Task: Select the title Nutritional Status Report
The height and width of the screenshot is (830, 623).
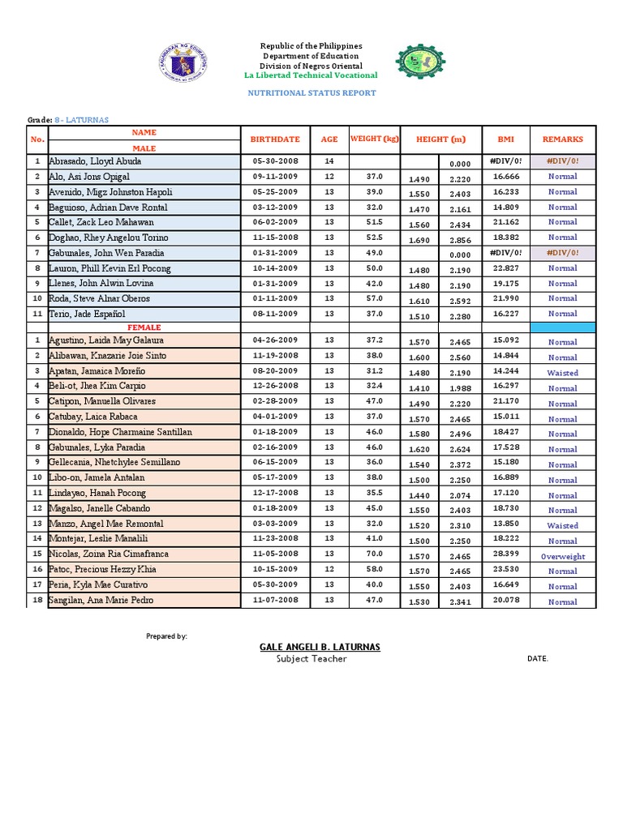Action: click(311, 93)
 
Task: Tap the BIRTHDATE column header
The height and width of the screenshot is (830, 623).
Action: click(276, 139)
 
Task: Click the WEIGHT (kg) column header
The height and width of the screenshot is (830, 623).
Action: click(375, 139)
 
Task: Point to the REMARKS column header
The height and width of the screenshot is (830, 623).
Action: click(562, 139)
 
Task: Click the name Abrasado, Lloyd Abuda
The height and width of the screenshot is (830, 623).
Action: click(95, 161)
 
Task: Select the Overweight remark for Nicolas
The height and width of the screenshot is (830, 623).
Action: click(562, 557)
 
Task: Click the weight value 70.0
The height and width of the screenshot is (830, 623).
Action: click(374, 554)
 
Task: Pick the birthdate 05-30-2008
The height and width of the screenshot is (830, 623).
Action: click(276, 161)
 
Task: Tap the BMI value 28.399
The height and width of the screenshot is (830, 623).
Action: click(505, 554)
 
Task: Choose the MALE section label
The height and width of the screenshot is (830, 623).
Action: click(144, 149)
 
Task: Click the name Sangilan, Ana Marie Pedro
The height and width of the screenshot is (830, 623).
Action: click(101, 600)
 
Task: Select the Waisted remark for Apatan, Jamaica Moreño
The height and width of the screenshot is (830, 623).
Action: click(562, 374)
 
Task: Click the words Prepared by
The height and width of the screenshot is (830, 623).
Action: click(166, 636)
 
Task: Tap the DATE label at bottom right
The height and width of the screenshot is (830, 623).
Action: click(538, 659)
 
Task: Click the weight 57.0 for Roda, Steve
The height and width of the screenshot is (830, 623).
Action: click(374, 298)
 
